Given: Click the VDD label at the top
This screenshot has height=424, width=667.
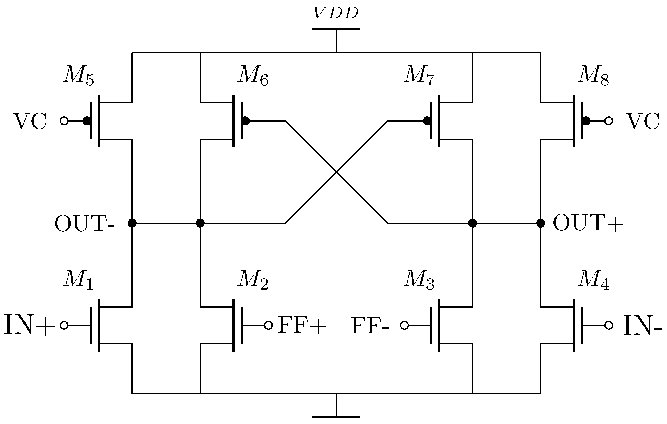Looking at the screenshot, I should pos(336,13).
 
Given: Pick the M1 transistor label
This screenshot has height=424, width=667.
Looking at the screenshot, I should pos(78,280).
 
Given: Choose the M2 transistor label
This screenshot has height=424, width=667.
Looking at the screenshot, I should pos(253,280).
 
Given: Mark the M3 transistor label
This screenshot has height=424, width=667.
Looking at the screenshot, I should pos(419,280).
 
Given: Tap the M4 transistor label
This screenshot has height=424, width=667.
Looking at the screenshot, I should pos(593,280).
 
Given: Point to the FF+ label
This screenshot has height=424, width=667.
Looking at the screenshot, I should pos(302,326).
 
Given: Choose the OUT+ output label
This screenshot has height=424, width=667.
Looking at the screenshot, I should pos(588,224).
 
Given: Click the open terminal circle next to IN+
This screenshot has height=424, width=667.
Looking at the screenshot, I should pos(64,326).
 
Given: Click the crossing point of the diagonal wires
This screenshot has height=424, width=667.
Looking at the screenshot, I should pos(336,172).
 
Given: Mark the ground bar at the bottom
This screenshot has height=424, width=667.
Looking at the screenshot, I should pos(336,417).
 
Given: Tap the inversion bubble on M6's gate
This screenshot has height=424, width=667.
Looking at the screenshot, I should pos(245,121).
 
